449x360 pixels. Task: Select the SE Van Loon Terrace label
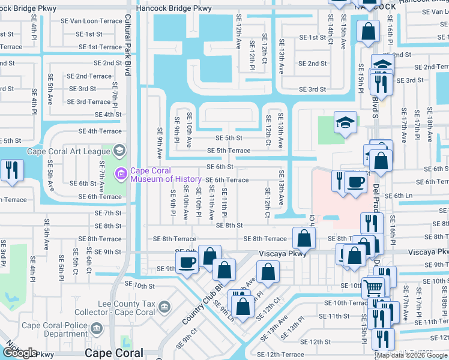91,20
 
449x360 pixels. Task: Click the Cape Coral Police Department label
55,329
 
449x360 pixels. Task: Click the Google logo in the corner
20,353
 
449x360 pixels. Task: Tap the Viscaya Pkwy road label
283,254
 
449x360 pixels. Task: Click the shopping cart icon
373,288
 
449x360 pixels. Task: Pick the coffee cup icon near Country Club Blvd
187,262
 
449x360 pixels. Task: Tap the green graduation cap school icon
345,123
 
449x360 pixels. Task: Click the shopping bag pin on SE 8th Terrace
304,238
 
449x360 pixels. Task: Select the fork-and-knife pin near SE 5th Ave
11,169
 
